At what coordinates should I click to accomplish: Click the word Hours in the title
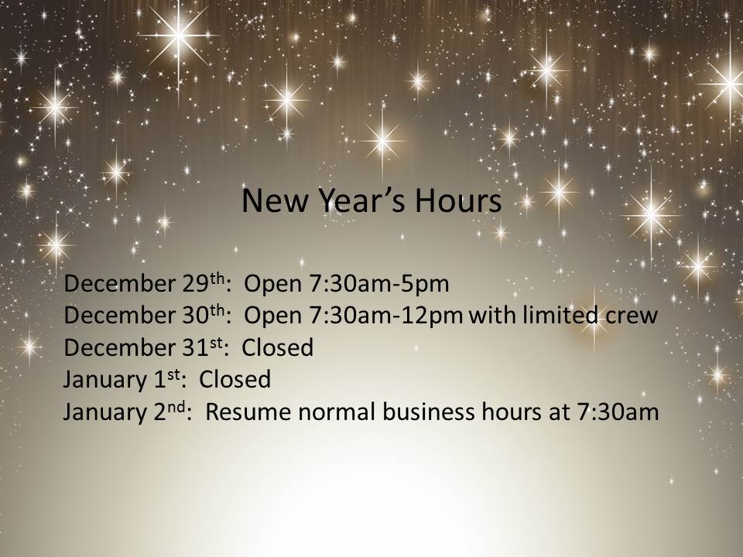(x=458, y=200)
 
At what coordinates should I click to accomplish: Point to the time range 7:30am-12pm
(x=385, y=316)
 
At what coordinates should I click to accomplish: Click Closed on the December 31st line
(x=278, y=347)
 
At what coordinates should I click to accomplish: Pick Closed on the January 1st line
(x=235, y=379)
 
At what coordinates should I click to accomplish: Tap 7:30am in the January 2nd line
(x=618, y=412)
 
